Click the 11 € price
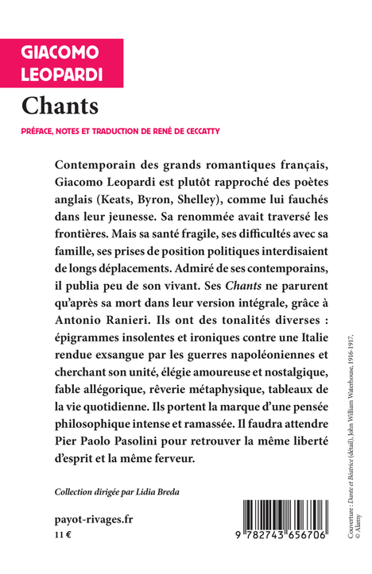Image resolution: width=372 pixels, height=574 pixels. click(63, 537)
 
